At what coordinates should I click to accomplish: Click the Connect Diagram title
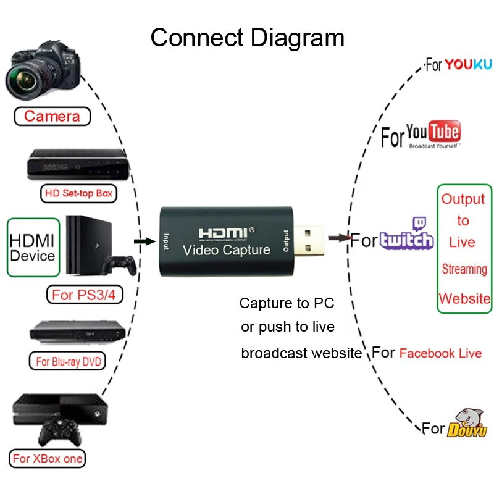pos(247,38)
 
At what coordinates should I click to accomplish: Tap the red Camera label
pos(52,116)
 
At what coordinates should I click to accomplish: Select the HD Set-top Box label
pos(78,193)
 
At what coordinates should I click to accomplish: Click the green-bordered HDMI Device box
pos(33,248)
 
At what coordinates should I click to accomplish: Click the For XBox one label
pos(48,459)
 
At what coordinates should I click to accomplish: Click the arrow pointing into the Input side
pos(144,240)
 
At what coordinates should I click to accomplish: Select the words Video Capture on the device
pos(227,250)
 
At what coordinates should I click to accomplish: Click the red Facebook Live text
pos(440,353)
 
